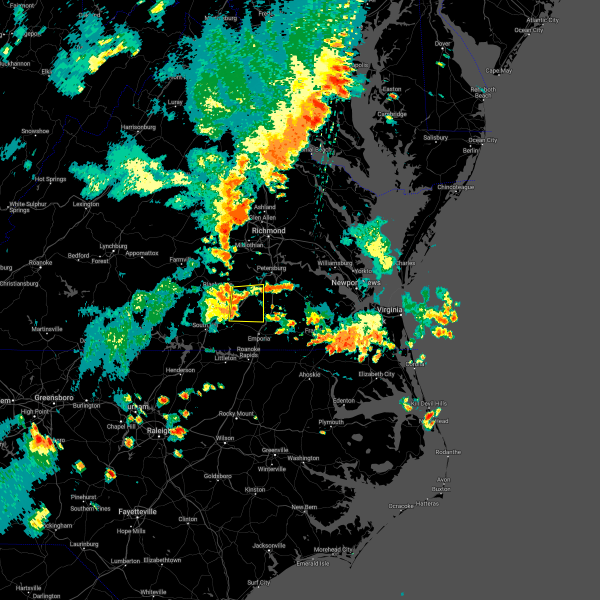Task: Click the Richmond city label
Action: [x=268, y=230]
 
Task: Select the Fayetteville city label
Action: [x=137, y=511]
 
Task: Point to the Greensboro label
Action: [x=54, y=397]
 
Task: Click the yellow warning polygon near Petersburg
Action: [x=246, y=303]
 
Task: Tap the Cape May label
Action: [x=498, y=70]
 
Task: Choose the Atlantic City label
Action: [x=542, y=20]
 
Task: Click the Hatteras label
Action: [x=427, y=503]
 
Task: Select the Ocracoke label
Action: [x=401, y=506]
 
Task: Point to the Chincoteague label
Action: [x=455, y=187]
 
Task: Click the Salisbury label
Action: [x=435, y=137]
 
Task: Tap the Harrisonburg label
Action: [x=138, y=127]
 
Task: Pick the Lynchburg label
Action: [x=113, y=246]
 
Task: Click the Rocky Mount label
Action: [x=236, y=413]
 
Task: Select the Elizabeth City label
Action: [x=376, y=374]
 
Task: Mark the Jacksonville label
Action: [x=269, y=545]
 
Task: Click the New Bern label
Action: [x=304, y=507]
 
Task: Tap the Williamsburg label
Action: [x=335, y=263]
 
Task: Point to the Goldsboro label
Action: [x=217, y=476]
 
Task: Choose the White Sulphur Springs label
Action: [x=28, y=207]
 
